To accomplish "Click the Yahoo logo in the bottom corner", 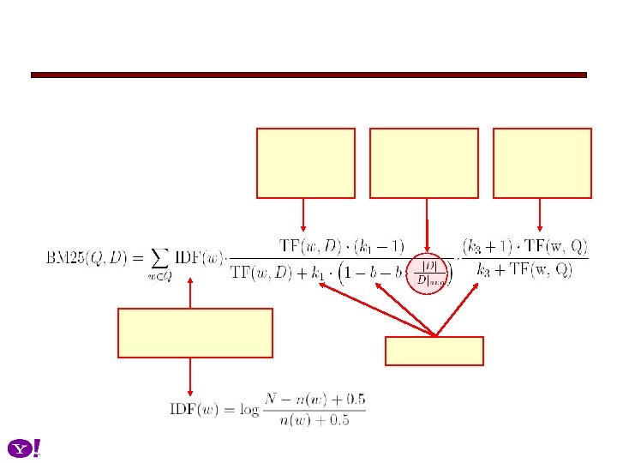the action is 25,448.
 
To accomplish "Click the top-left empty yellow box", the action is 305,163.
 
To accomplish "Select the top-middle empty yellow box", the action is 423,163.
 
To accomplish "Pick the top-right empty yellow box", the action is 542,163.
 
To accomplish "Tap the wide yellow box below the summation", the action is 195,333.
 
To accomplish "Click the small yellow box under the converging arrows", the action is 434,351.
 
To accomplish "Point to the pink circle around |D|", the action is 427,274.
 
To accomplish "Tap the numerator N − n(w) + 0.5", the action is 316,400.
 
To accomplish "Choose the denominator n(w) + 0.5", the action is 316,419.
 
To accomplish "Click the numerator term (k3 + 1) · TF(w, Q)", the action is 524,248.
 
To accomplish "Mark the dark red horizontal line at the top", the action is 308,75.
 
